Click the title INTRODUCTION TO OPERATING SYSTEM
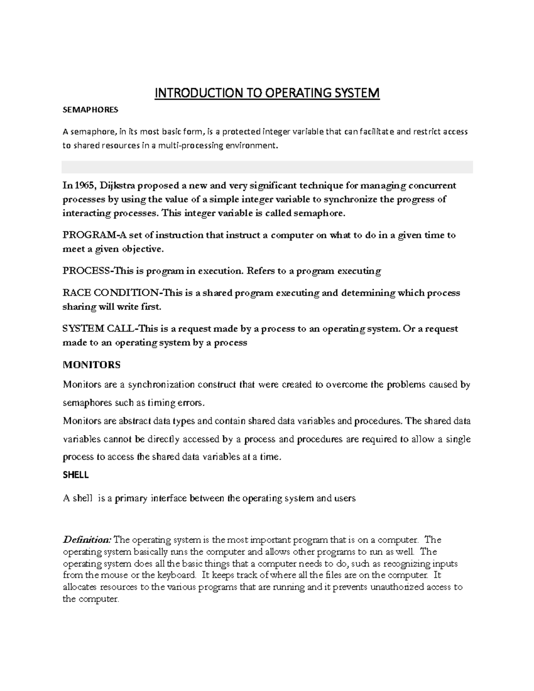(x=267, y=93)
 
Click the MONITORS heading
(x=92, y=365)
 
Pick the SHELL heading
(x=76, y=475)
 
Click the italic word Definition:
(x=87, y=540)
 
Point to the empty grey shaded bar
(x=267, y=167)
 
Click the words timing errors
(x=177, y=403)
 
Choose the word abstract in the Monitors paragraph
(x=134, y=421)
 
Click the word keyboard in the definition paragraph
(x=178, y=575)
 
